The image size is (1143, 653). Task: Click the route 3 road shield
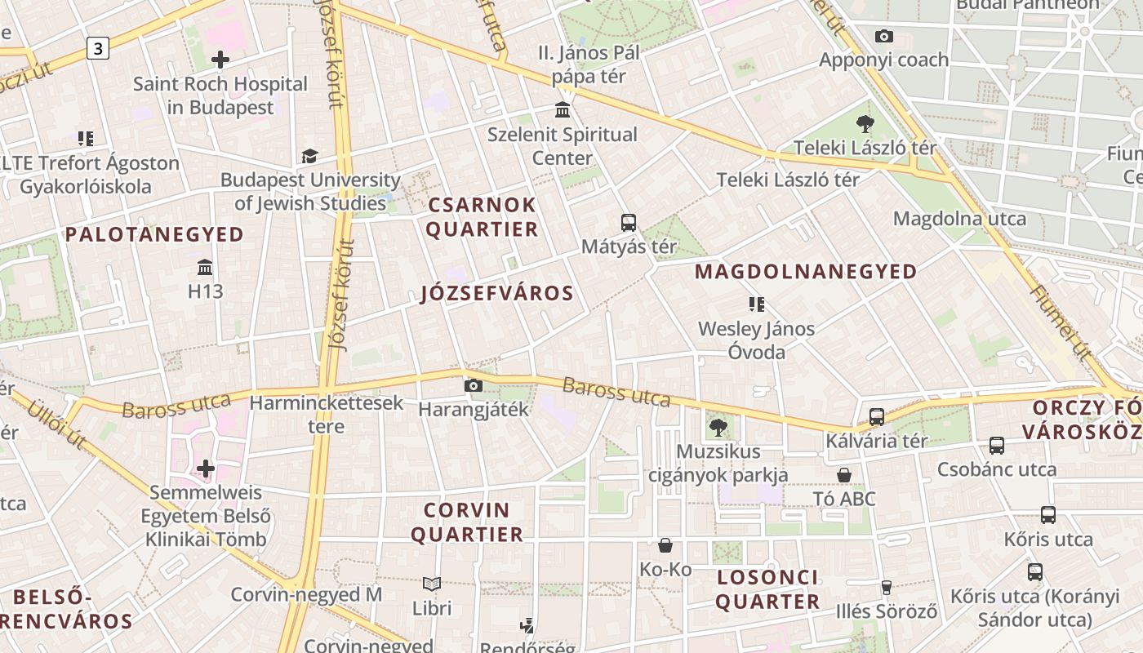click(98, 49)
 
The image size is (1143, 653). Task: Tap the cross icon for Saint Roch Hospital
click(220, 60)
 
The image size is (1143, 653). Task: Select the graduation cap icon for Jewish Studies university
click(309, 156)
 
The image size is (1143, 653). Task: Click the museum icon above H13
click(205, 267)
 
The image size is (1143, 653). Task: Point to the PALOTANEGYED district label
click(154, 235)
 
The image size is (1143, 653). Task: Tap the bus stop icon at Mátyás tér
click(628, 222)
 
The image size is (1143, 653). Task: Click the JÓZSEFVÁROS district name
click(497, 294)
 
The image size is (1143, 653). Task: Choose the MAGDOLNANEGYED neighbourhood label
click(806, 272)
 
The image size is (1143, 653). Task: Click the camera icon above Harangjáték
click(473, 385)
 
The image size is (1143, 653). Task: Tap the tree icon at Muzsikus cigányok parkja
click(718, 427)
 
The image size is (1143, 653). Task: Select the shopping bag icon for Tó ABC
click(844, 475)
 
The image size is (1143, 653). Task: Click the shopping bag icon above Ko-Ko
click(665, 545)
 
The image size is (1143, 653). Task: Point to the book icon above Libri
click(432, 584)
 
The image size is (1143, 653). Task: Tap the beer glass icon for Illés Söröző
click(886, 587)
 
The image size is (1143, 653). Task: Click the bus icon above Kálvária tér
click(877, 416)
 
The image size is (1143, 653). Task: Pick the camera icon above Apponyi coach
click(883, 36)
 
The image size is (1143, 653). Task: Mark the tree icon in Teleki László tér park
click(865, 124)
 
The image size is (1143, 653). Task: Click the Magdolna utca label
click(959, 219)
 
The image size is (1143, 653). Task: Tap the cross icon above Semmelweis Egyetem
click(206, 469)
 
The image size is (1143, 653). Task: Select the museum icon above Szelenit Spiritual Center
click(563, 109)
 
